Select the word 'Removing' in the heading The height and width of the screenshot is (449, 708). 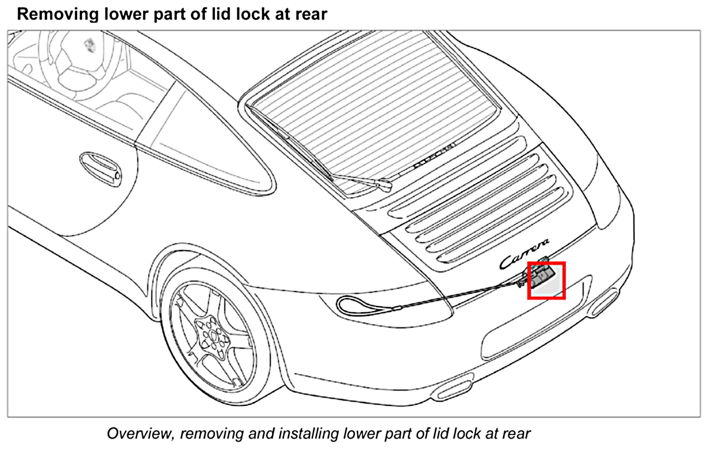[x=57, y=14]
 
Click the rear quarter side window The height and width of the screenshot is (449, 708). [x=207, y=144]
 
